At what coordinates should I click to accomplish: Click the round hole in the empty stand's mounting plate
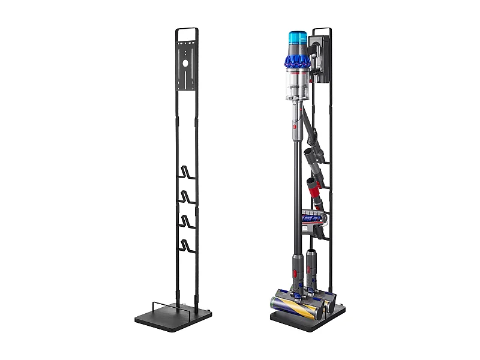click(187, 61)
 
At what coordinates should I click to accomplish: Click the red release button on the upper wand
click(295, 128)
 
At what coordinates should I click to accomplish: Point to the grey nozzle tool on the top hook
click(311, 154)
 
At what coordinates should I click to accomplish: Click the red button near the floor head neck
click(296, 274)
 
